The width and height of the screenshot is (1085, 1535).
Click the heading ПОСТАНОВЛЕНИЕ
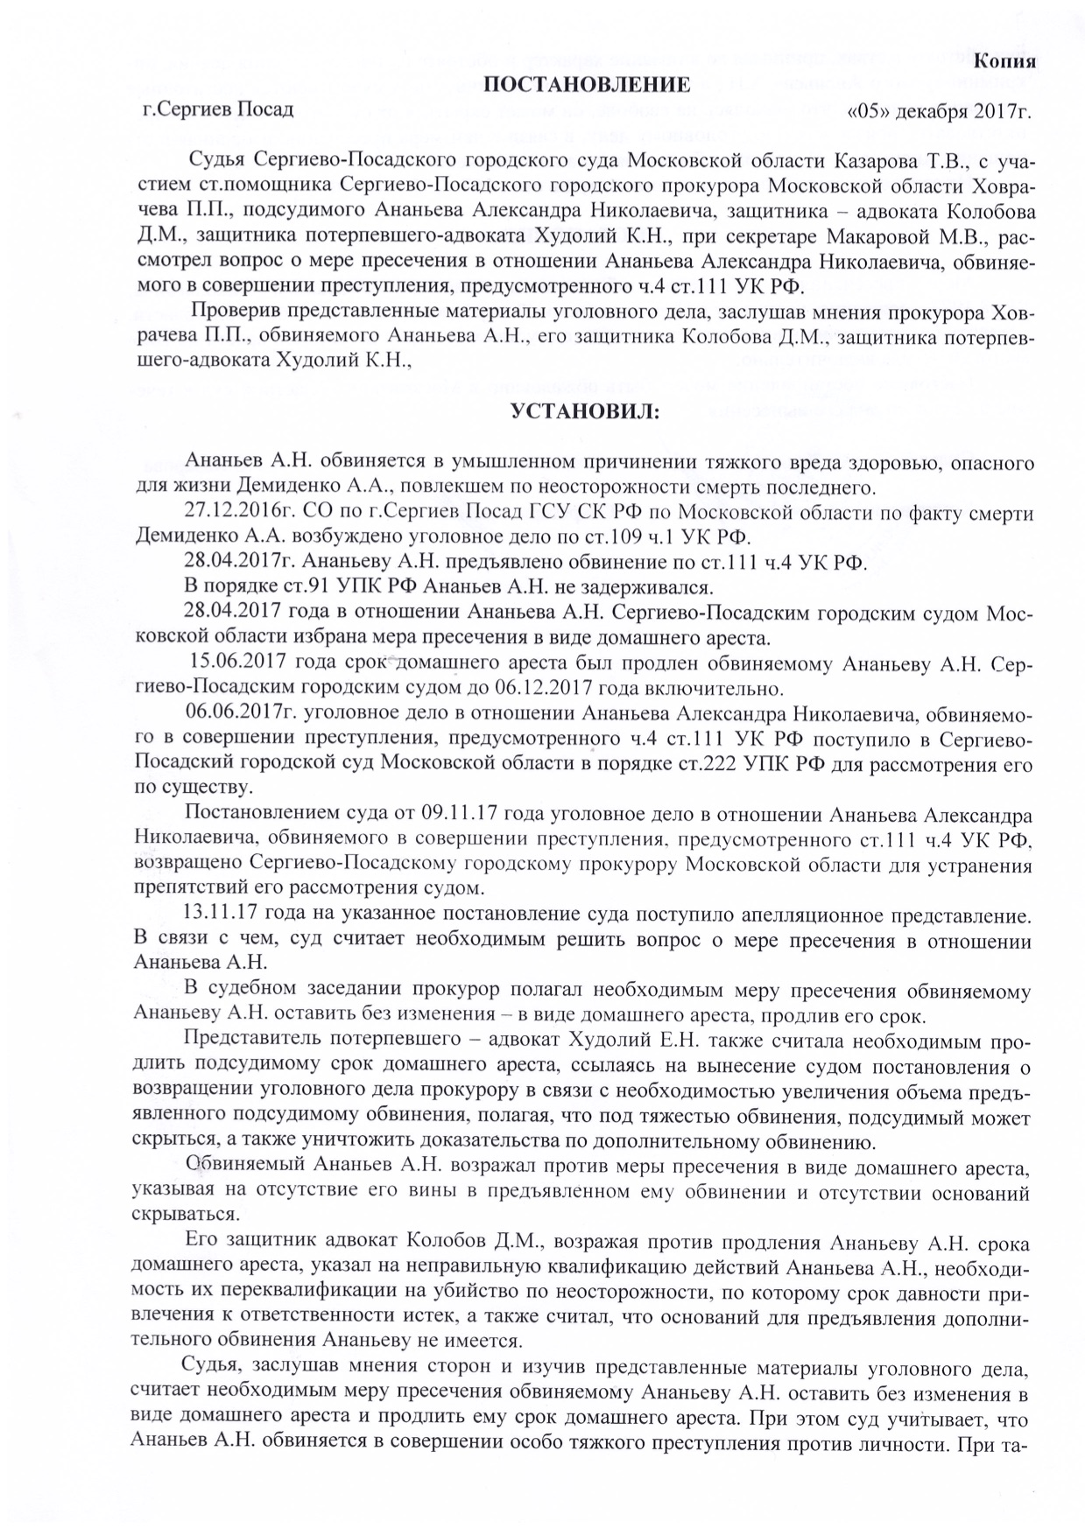click(581, 85)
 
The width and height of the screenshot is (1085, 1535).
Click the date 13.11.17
click(213, 915)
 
